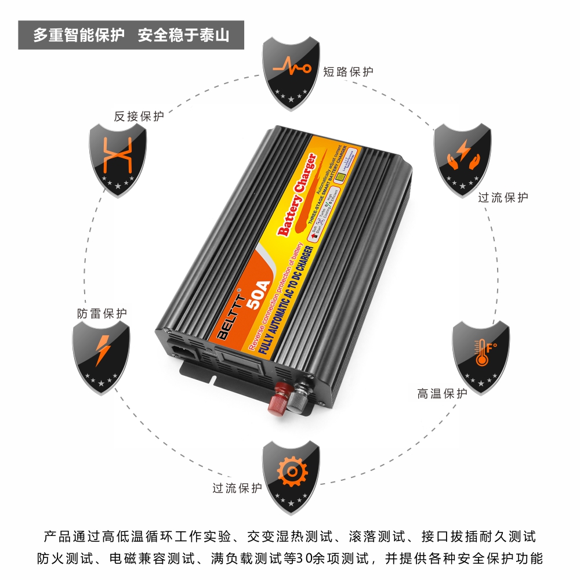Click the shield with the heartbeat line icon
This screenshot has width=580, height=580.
coord(292,72)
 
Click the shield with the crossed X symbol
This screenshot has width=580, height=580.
coord(117,158)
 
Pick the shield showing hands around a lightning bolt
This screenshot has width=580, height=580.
coord(463,157)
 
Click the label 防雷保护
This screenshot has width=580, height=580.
coord(101,314)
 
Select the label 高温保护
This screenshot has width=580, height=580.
coord(442,394)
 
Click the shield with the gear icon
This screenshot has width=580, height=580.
coord(291,473)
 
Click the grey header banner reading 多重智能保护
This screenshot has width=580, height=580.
coord(131,35)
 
